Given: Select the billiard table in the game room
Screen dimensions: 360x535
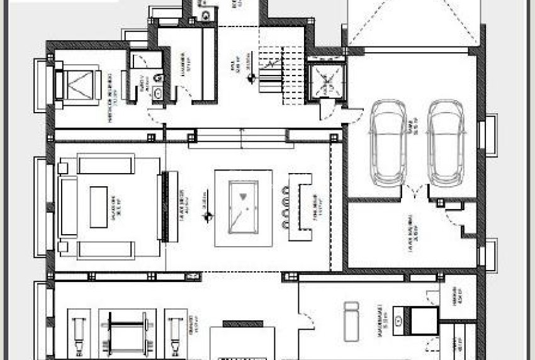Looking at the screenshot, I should click(x=244, y=206).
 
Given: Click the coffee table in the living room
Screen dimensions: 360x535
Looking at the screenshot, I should click(x=99, y=206).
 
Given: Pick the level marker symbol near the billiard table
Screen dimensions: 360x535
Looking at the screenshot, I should click(x=205, y=218).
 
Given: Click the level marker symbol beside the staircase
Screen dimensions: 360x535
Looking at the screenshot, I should click(x=251, y=78).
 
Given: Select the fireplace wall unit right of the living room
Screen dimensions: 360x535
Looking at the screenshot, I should click(x=166, y=206).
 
